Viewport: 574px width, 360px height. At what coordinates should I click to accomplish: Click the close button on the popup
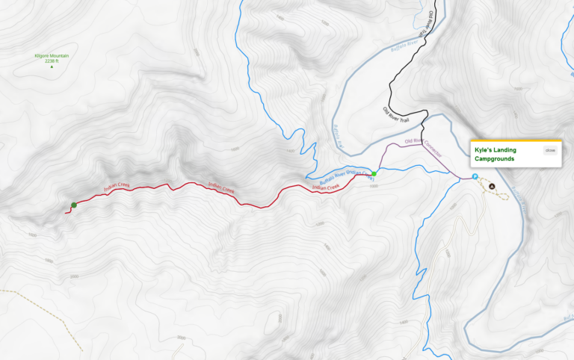[x=550, y=150]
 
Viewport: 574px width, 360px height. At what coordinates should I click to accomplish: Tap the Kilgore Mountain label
[x=51, y=56]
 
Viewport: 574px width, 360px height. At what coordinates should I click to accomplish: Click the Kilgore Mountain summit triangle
[x=52, y=67]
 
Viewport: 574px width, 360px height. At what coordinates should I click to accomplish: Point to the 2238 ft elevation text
[x=51, y=61]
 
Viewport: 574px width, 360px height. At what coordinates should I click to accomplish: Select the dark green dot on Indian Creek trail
[x=73, y=205]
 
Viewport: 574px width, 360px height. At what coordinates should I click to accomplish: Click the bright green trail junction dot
[x=374, y=173]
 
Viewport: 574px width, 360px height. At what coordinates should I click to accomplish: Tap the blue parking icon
[x=474, y=177]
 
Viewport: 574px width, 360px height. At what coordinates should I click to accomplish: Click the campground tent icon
[x=492, y=186]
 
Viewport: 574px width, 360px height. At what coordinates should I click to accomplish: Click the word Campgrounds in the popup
[x=495, y=158]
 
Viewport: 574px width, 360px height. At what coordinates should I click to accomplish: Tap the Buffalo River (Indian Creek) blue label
[x=345, y=177]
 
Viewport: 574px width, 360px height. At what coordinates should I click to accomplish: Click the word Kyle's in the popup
[x=484, y=150]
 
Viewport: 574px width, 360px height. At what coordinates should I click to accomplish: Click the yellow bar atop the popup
[x=515, y=141]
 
